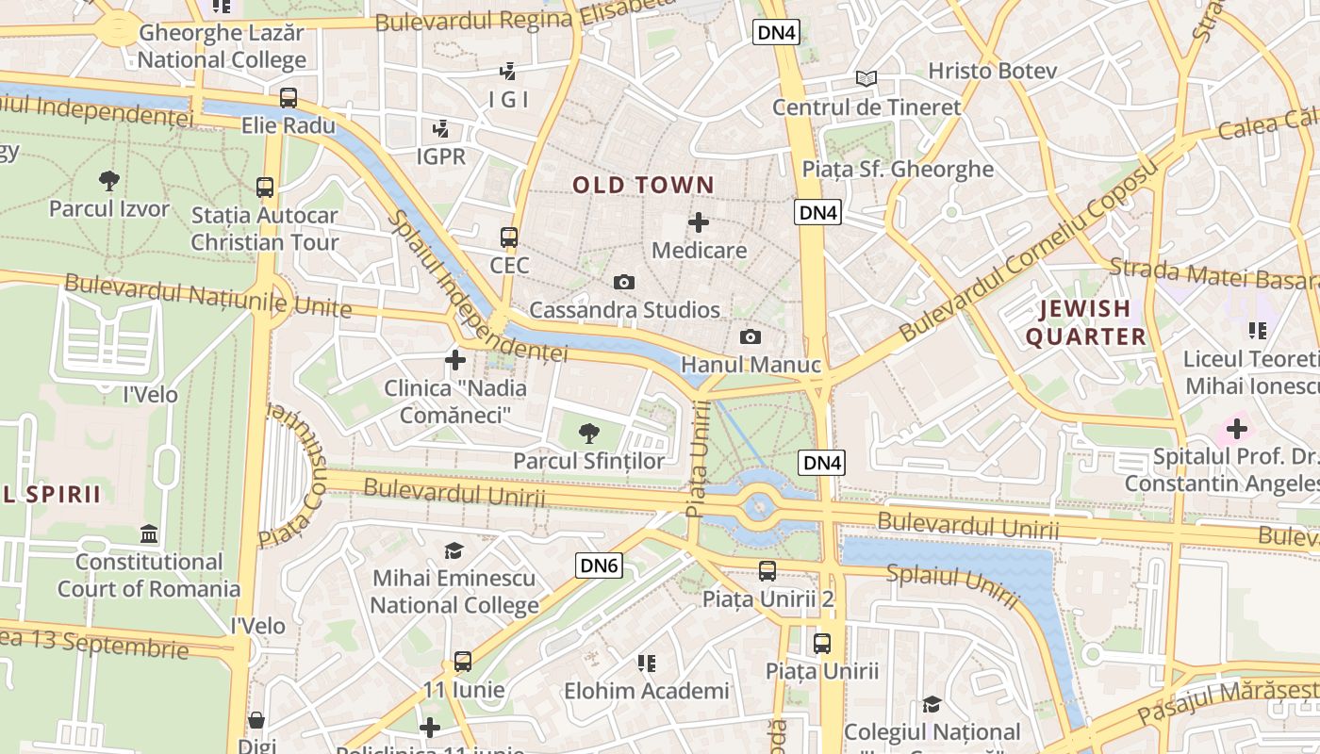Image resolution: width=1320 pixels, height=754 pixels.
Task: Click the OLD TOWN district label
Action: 643,185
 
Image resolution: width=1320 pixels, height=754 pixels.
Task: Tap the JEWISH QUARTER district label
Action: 1085,322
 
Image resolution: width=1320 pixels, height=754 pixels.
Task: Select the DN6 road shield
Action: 599,565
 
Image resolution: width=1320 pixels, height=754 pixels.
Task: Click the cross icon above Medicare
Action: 699,222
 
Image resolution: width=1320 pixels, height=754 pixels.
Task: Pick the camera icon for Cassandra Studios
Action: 623,282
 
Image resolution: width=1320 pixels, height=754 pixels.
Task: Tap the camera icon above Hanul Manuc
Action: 751,336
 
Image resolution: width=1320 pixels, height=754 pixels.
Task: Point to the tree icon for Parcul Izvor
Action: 109,180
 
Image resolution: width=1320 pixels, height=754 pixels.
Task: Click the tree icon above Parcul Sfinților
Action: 589,434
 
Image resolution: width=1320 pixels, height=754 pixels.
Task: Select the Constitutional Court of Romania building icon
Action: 149,534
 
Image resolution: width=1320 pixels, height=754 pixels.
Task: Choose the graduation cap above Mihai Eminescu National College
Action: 454,550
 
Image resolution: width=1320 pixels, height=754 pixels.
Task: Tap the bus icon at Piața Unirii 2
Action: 767,570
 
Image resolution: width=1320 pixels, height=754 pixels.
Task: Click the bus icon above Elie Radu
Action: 289,97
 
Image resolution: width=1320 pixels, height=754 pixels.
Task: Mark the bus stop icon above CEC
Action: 509,237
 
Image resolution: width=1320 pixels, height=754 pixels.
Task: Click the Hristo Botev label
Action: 992,71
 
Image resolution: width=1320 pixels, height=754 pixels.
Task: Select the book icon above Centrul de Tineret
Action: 866,78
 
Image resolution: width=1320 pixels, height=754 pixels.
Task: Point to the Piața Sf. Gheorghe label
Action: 897,169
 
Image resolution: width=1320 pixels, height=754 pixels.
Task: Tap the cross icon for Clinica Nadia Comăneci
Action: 455,359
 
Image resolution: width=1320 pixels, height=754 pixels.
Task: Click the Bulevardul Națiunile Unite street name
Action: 207,295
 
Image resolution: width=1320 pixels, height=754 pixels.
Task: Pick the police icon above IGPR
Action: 440,128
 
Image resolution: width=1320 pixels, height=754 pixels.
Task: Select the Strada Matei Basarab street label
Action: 1213,273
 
